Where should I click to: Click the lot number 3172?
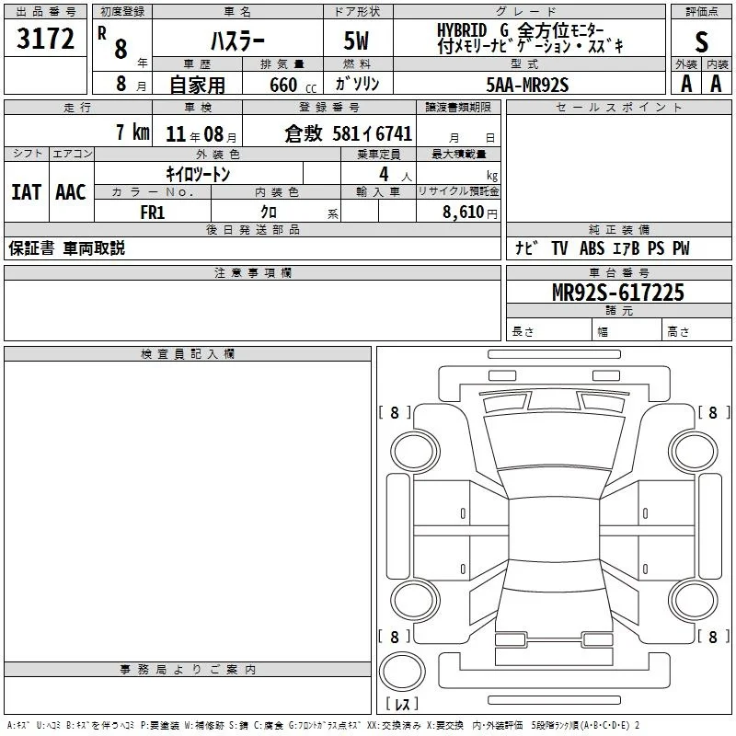click(x=45, y=39)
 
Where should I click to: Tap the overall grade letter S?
click(x=701, y=41)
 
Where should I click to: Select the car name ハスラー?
click(x=237, y=41)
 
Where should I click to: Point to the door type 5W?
click(x=356, y=40)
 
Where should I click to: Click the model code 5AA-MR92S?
click(x=527, y=85)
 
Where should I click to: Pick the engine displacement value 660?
click(x=283, y=85)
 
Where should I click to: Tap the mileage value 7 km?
click(x=132, y=132)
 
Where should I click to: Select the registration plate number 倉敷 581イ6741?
click(x=349, y=133)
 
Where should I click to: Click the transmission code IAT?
click(x=26, y=192)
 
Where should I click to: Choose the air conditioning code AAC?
click(x=71, y=192)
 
